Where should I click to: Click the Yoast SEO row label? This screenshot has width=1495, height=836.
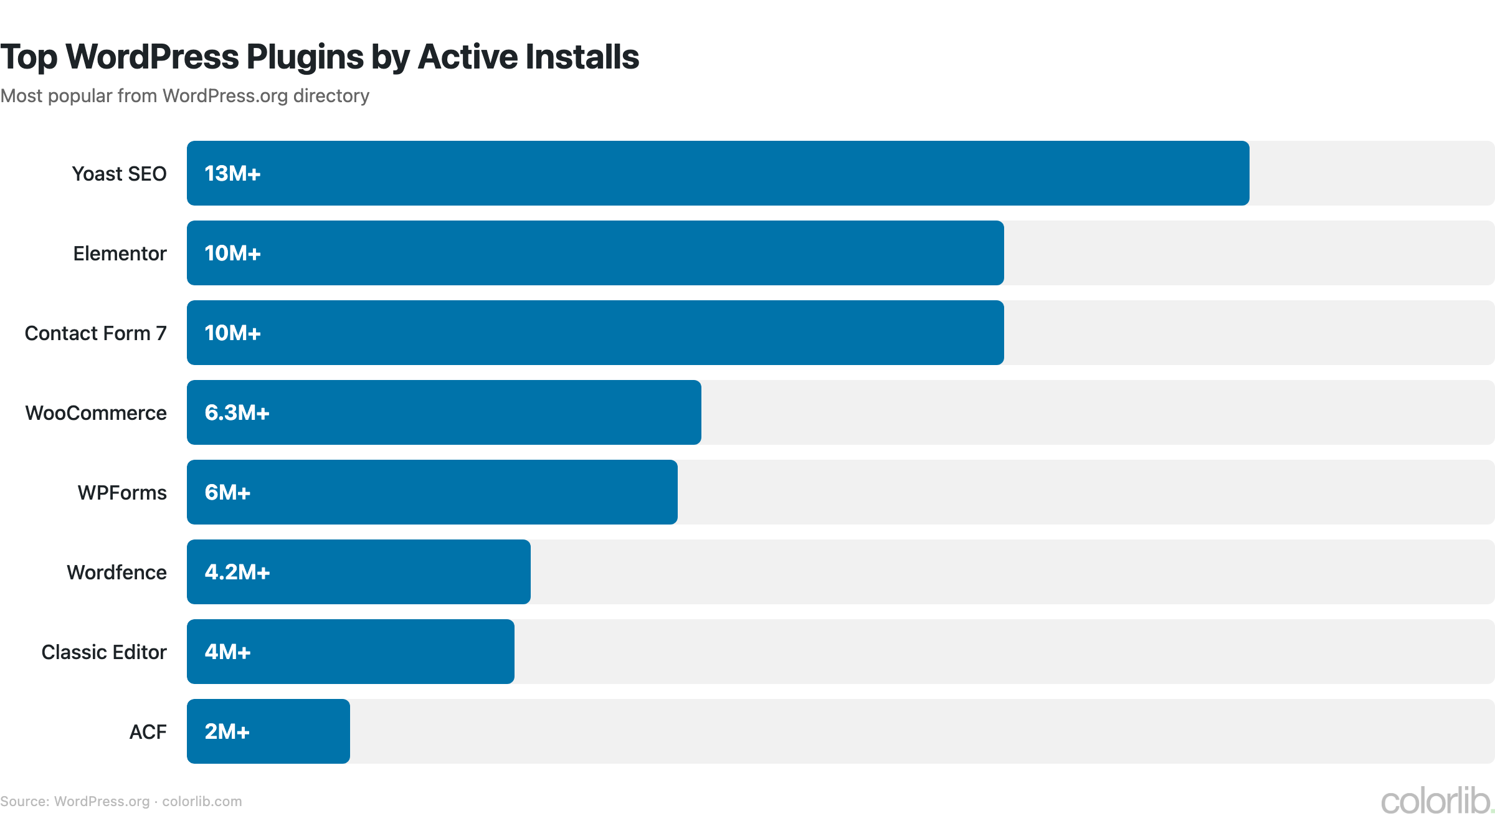pos(119,174)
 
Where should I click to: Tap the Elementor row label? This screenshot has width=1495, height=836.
pos(120,254)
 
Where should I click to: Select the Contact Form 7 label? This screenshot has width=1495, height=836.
pos(95,333)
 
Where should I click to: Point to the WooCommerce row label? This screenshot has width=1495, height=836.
pos(96,413)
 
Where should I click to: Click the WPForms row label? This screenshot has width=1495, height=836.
pos(122,493)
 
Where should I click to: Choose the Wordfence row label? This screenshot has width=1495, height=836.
pos(116,572)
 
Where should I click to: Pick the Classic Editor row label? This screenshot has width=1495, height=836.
pos(104,652)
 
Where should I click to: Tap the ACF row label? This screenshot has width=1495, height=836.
pos(148,732)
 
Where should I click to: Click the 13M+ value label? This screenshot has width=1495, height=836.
pos(232,174)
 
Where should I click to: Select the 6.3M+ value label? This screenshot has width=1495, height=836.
pos(237,413)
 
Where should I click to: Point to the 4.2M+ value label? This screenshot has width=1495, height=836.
pos(237,572)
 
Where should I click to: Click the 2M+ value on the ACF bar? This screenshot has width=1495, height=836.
pos(227,732)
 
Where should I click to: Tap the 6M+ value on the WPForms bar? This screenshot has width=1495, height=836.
pos(227,493)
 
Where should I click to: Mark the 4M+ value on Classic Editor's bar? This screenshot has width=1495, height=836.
pos(227,652)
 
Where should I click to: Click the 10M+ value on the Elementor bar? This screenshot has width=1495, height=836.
pos(232,254)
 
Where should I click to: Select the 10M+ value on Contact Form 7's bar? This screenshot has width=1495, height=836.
pos(232,333)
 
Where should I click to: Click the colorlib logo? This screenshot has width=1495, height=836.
pos(1436,801)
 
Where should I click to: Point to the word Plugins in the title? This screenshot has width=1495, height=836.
pos(305,57)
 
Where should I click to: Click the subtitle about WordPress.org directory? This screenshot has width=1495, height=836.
pos(184,96)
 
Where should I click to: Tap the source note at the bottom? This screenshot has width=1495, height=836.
pos(121,802)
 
